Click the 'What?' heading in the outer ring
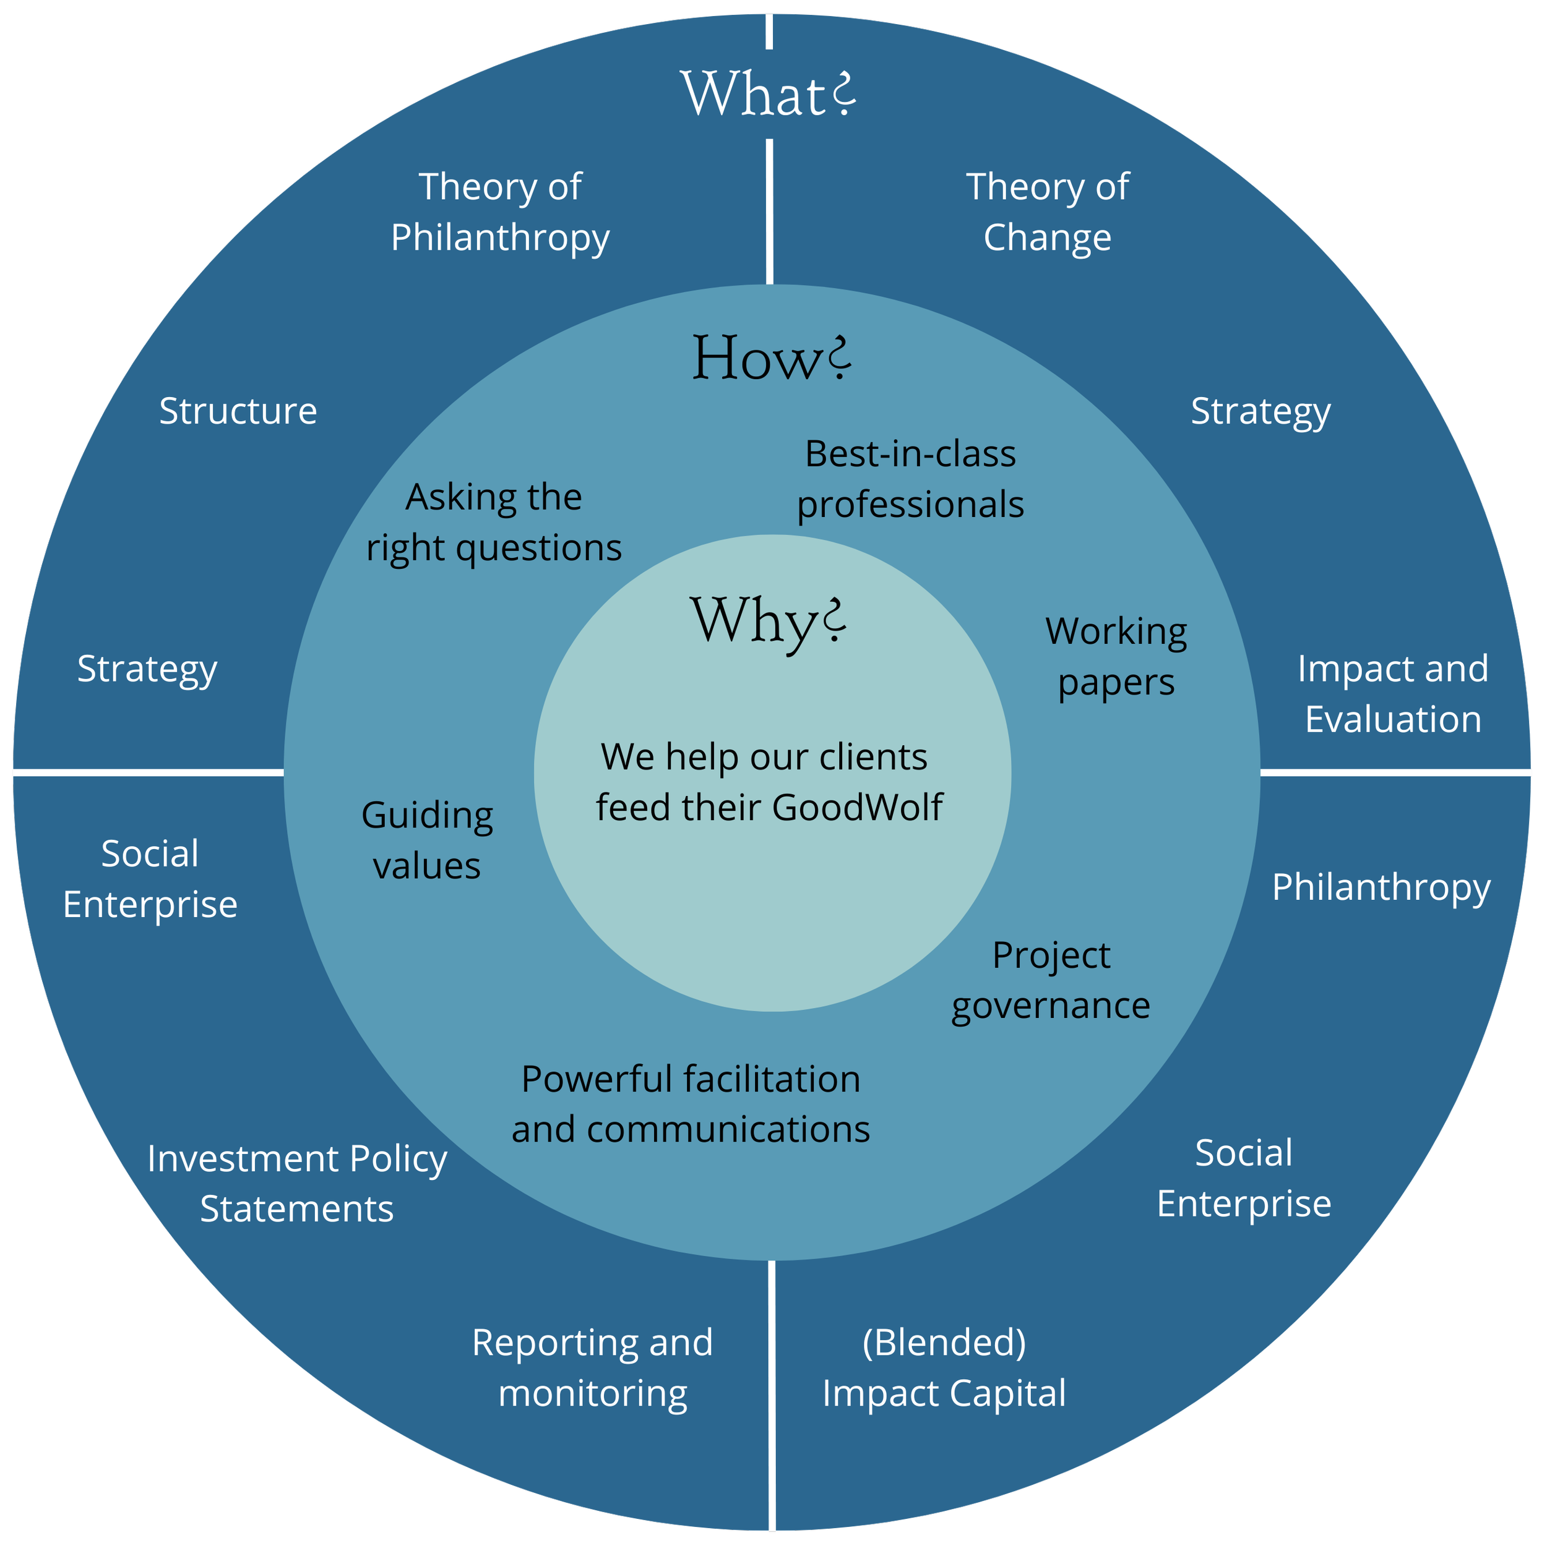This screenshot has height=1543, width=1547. [767, 95]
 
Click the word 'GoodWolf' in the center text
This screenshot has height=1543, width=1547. [857, 806]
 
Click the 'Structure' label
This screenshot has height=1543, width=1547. [238, 411]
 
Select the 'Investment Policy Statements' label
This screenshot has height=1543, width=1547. [297, 1183]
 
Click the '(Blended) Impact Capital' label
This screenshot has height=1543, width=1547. [944, 1367]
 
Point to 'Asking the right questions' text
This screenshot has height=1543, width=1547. [493, 523]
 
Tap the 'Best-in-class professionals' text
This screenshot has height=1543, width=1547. [910, 479]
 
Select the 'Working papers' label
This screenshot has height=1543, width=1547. [1116, 657]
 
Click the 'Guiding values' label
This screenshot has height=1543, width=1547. [427, 840]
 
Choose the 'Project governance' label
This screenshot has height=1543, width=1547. [1051, 980]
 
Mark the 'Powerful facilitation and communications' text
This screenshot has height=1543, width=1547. [690, 1104]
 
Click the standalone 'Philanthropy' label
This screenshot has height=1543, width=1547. [1381, 887]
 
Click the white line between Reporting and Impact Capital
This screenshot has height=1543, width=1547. [772, 1393]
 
